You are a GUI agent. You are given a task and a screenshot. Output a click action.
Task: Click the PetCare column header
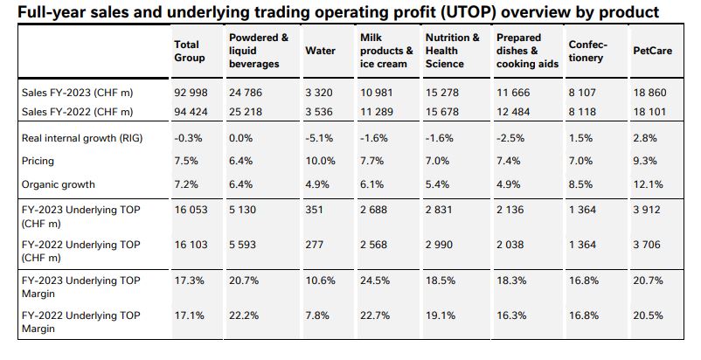[x=651, y=51]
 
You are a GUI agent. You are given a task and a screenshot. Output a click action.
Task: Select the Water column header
[x=320, y=51]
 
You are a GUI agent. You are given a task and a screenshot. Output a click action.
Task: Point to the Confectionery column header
[x=587, y=51]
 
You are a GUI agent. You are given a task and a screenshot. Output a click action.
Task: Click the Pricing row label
[x=39, y=161]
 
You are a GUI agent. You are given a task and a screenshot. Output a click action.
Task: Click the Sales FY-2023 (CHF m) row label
[x=77, y=92]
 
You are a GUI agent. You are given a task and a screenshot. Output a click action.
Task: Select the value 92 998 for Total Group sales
[x=191, y=92]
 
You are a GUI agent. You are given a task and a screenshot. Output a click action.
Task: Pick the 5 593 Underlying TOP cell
[x=245, y=245]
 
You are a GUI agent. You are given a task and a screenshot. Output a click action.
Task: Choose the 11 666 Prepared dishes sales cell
[x=513, y=92]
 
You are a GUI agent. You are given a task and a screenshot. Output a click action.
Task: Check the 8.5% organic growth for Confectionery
[x=580, y=184]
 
